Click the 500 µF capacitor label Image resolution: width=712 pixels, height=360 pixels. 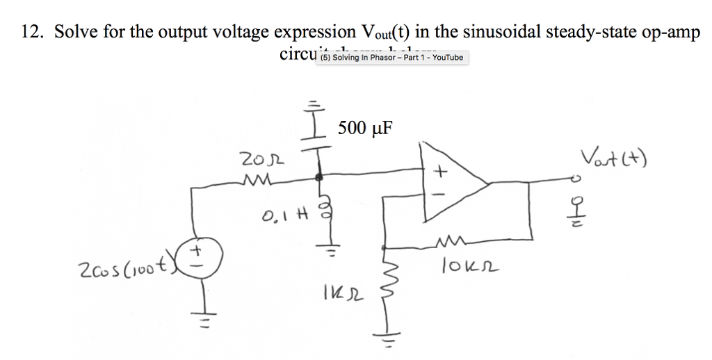(x=364, y=127)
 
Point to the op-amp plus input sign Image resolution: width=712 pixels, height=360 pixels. (x=439, y=170)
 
